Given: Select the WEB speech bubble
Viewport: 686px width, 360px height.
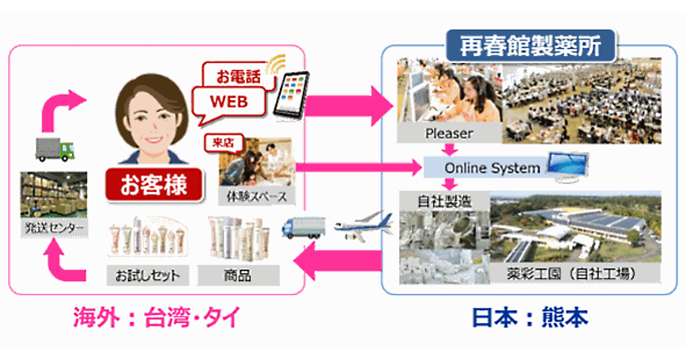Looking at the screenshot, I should (x=229, y=102).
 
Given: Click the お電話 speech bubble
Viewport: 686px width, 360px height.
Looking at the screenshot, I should (x=233, y=76).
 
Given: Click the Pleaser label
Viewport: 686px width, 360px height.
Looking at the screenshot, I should (x=449, y=134).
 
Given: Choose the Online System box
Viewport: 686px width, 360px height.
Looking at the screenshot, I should (x=492, y=168).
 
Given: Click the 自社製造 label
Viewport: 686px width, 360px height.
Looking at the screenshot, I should (x=444, y=201).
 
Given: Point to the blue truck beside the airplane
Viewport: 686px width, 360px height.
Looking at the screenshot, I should (x=304, y=226).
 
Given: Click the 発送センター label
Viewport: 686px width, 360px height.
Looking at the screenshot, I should (x=54, y=229).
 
